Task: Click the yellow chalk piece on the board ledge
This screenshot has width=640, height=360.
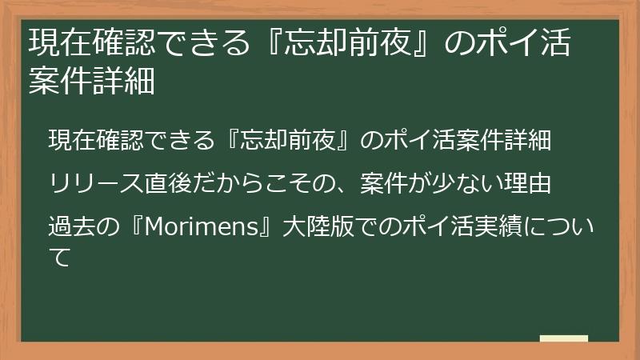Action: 563,338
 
